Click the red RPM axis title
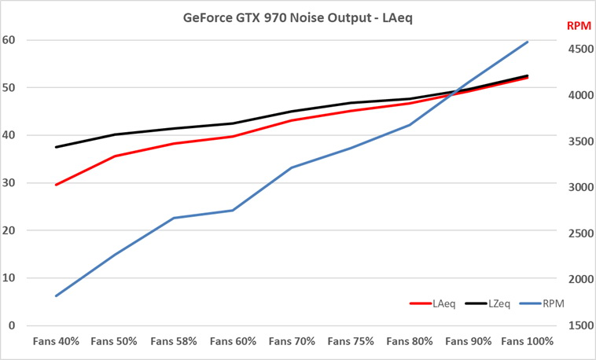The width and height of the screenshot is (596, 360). (578, 26)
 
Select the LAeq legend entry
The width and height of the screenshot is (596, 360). (440, 303)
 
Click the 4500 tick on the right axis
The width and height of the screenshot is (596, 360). (578, 49)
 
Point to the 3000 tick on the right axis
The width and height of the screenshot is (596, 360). (578, 187)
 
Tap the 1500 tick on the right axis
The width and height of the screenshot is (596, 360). (578, 325)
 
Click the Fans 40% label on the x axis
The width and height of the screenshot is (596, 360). (55, 342)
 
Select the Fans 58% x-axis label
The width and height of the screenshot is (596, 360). (173, 342)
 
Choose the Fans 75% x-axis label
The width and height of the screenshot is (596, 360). (351, 342)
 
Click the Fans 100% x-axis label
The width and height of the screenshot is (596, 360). (528, 342)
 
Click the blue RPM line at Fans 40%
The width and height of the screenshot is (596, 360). (55, 296)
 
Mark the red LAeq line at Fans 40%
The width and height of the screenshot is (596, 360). (55, 185)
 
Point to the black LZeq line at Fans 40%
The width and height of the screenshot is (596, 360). (55, 147)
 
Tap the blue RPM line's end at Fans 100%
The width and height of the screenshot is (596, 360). (528, 42)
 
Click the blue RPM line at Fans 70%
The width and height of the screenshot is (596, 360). (292, 167)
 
